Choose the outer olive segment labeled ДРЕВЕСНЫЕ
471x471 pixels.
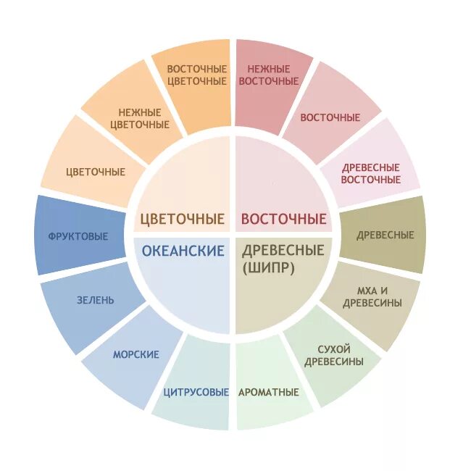tap(384, 235)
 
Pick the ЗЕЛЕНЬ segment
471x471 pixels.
tap(95, 300)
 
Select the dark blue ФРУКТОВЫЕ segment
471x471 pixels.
tap(78, 236)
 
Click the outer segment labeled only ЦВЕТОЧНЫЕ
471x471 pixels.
tap(95, 172)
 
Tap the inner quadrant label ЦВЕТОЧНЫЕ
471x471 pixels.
tap(182, 219)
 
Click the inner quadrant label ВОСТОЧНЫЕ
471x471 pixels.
tap(283, 219)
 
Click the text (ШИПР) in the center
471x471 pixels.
tap(262, 267)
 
